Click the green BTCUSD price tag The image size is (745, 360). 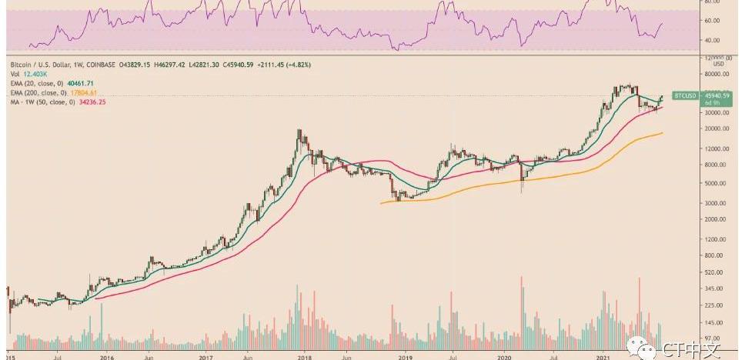pos(684,95)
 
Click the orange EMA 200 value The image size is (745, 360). pos(85,92)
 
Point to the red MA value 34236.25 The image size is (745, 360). pos(89,102)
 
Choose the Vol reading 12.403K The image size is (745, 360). pos(34,72)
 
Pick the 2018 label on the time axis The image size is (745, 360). pos(305,357)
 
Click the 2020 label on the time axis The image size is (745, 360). pos(504,357)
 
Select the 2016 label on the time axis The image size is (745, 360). pos(107,357)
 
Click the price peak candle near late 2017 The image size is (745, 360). pos(299,132)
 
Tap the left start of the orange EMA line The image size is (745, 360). pos(382,203)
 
